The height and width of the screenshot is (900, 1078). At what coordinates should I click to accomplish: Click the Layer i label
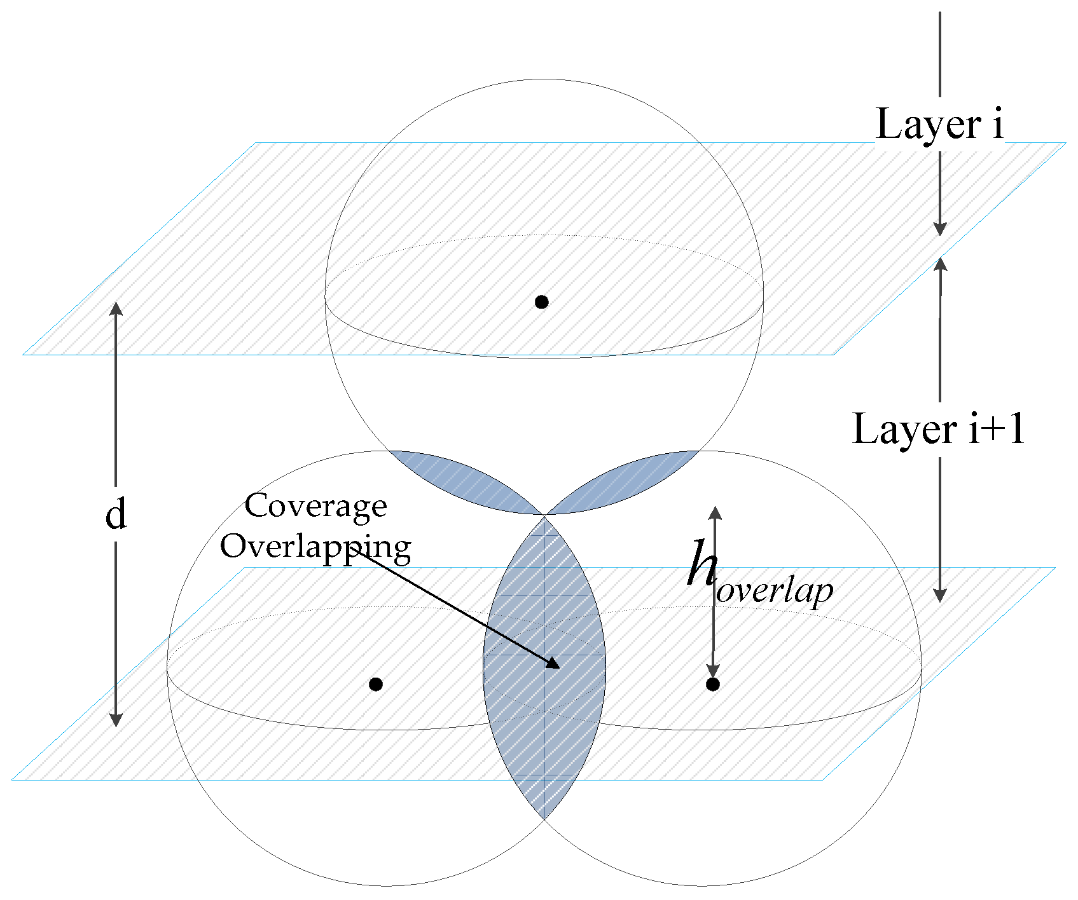(x=939, y=124)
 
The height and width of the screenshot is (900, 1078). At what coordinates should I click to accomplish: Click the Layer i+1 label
(x=939, y=429)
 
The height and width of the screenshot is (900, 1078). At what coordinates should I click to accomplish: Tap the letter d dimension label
(x=116, y=514)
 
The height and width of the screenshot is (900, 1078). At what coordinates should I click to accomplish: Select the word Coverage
(x=316, y=506)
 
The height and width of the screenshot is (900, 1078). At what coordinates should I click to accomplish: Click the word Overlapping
(x=315, y=546)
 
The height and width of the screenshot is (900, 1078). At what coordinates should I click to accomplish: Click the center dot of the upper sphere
(x=541, y=302)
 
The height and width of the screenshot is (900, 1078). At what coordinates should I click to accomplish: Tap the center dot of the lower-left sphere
(x=376, y=685)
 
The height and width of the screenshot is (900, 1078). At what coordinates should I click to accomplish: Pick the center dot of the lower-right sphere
(x=713, y=685)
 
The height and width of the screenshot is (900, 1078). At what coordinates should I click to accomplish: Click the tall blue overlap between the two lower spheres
(x=544, y=667)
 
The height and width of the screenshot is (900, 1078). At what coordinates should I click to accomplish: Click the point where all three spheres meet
(x=544, y=515)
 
